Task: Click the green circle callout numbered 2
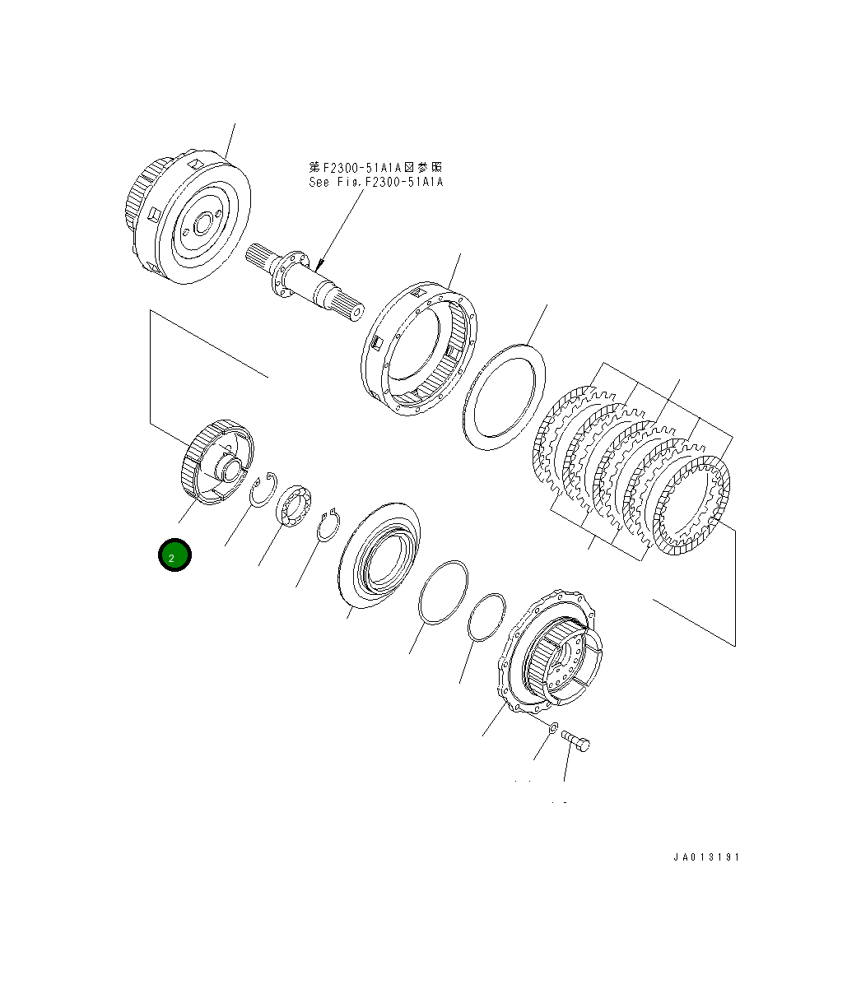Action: [x=175, y=555]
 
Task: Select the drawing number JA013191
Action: [x=706, y=857]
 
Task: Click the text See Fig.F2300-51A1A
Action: [x=375, y=182]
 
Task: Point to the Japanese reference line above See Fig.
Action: [x=375, y=167]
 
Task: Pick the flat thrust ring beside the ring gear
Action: [x=505, y=396]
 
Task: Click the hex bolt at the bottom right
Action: [x=576, y=742]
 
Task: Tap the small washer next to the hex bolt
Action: [x=553, y=726]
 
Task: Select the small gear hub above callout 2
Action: [x=216, y=463]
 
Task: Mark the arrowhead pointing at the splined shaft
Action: [x=319, y=266]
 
